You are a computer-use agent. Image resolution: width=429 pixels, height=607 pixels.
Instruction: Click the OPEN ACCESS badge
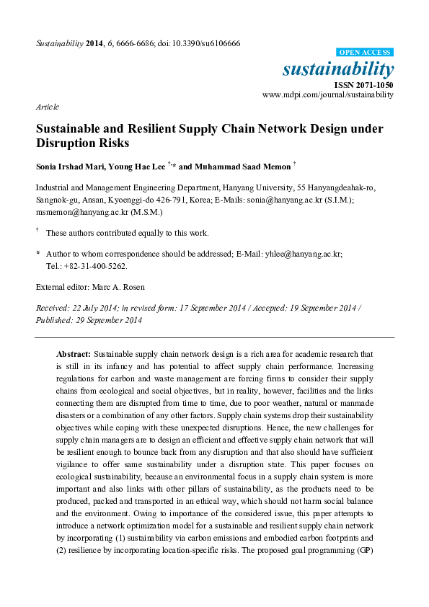tap(366, 53)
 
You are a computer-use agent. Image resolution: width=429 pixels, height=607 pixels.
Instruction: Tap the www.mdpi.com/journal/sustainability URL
tap(327, 94)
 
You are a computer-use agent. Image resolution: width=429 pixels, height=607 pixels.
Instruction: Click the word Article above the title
tap(47, 107)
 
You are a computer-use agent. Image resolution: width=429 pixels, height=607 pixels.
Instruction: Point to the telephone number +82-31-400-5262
tap(93, 265)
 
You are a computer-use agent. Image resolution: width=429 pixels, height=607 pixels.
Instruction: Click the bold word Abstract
tap(74, 355)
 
